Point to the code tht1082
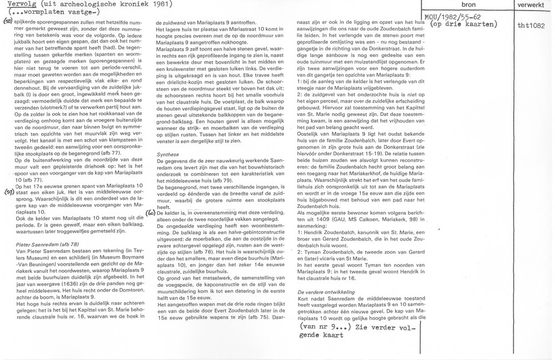528,26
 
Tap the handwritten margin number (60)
150,212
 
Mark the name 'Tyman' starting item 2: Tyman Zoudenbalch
312,252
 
